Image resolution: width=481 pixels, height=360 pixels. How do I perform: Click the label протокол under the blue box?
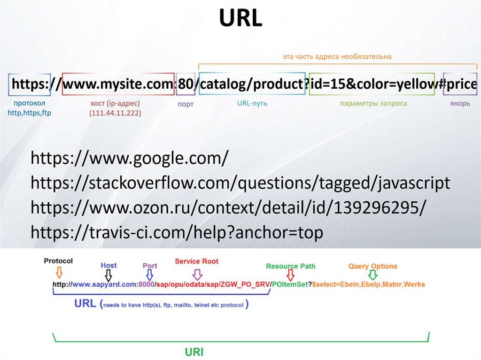[x=29, y=103]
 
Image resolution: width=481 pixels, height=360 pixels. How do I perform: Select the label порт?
[x=186, y=104]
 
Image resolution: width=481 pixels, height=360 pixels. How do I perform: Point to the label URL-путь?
[x=252, y=103]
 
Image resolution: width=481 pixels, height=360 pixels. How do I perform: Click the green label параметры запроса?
[x=373, y=103]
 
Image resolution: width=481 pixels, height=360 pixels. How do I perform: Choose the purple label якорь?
[x=460, y=103]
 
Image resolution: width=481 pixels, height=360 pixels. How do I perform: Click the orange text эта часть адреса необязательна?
[x=337, y=57]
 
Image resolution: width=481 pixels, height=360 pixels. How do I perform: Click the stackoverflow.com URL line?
[x=240, y=183]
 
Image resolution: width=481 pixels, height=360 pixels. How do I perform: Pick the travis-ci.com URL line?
[x=177, y=232]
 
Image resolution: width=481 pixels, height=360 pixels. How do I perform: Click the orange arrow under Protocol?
[x=59, y=273]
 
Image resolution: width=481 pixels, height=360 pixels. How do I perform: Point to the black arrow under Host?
[x=109, y=275]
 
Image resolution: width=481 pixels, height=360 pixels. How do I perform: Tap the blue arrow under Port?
[x=150, y=275]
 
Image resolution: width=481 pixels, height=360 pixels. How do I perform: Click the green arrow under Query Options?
[x=372, y=275]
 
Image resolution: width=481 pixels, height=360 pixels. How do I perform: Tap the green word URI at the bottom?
[x=193, y=352]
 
